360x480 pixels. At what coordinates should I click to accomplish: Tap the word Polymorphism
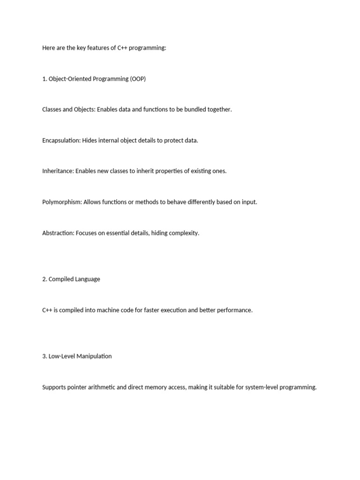[61, 202]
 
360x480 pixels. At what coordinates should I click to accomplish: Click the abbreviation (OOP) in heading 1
[138, 79]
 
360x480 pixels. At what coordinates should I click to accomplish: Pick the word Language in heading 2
[87, 279]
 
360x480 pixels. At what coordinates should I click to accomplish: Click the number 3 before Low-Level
[44, 356]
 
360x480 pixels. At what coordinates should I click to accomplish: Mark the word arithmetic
[106, 387]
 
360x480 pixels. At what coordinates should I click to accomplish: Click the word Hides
[90, 141]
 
